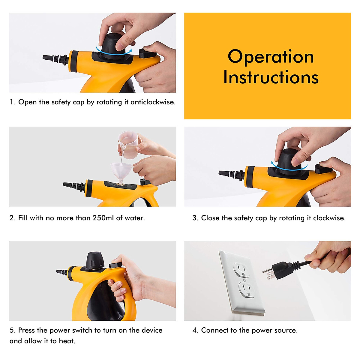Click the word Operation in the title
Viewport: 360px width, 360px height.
(x=271, y=57)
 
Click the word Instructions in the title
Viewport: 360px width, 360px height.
(x=271, y=77)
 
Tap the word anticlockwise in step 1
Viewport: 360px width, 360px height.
(x=153, y=102)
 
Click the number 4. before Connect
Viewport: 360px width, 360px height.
(x=195, y=330)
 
